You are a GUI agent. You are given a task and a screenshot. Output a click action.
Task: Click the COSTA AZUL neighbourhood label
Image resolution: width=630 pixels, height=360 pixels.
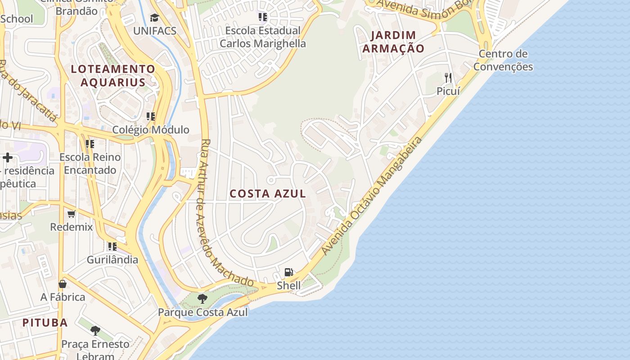[268, 193]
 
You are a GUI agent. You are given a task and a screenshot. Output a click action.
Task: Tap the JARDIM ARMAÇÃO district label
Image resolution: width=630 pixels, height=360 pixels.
[393, 42]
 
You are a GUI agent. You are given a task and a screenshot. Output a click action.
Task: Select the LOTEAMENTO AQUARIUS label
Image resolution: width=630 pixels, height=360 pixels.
[113, 76]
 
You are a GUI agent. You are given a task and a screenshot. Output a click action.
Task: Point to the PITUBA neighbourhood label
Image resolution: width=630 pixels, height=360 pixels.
[45, 322]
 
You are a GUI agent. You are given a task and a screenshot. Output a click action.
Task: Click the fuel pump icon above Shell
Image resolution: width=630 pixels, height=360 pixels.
[289, 272]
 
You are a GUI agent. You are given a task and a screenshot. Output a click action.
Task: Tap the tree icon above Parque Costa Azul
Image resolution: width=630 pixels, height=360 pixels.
[202, 298]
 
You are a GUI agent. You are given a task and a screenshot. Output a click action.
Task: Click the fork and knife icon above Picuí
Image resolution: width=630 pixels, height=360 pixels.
[448, 78]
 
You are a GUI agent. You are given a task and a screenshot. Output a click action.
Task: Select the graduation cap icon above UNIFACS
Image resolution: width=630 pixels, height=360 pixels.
[155, 18]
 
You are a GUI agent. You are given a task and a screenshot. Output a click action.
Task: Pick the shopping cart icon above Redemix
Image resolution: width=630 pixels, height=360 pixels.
[71, 214]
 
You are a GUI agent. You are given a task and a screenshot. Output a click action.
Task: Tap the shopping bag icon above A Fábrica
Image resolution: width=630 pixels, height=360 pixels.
[63, 284]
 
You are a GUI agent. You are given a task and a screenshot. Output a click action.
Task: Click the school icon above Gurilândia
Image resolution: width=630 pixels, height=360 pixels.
[112, 246]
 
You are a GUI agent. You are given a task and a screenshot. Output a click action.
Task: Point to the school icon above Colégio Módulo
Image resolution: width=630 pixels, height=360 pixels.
[151, 117]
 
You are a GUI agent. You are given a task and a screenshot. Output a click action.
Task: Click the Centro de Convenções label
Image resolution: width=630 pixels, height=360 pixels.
[503, 60]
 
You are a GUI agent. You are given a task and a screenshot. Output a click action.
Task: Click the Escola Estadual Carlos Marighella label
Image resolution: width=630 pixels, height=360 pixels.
[263, 37]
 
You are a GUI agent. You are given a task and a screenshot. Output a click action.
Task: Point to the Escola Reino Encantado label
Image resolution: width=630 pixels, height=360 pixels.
[90, 163]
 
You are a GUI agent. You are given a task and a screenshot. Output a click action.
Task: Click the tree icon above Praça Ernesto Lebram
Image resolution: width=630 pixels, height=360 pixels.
[95, 331]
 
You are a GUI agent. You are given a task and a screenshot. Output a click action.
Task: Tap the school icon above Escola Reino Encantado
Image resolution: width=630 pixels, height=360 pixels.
[90, 144]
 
